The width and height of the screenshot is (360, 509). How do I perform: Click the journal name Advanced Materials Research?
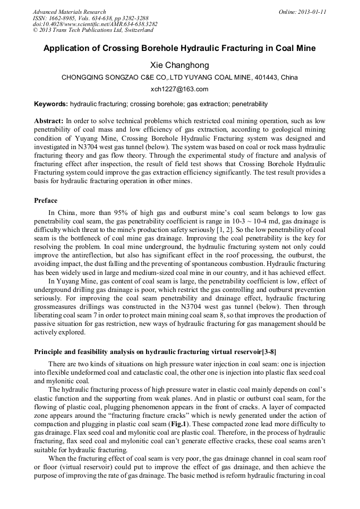(x=69, y=12)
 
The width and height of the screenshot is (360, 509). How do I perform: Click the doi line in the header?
(x=95, y=24)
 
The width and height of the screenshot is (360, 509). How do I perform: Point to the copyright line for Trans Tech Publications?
(x=93, y=30)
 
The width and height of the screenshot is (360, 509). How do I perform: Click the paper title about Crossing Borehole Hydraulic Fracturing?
(x=179, y=48)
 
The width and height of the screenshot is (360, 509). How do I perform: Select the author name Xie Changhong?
(x=179, y=65)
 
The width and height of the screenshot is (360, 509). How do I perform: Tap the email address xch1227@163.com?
(x=179, y=89)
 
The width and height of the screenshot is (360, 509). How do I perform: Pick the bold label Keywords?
(x=51, y=104)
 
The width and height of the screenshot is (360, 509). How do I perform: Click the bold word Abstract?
(x=49, y=121)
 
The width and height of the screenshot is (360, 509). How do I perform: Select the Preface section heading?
(x=46, y=201)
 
